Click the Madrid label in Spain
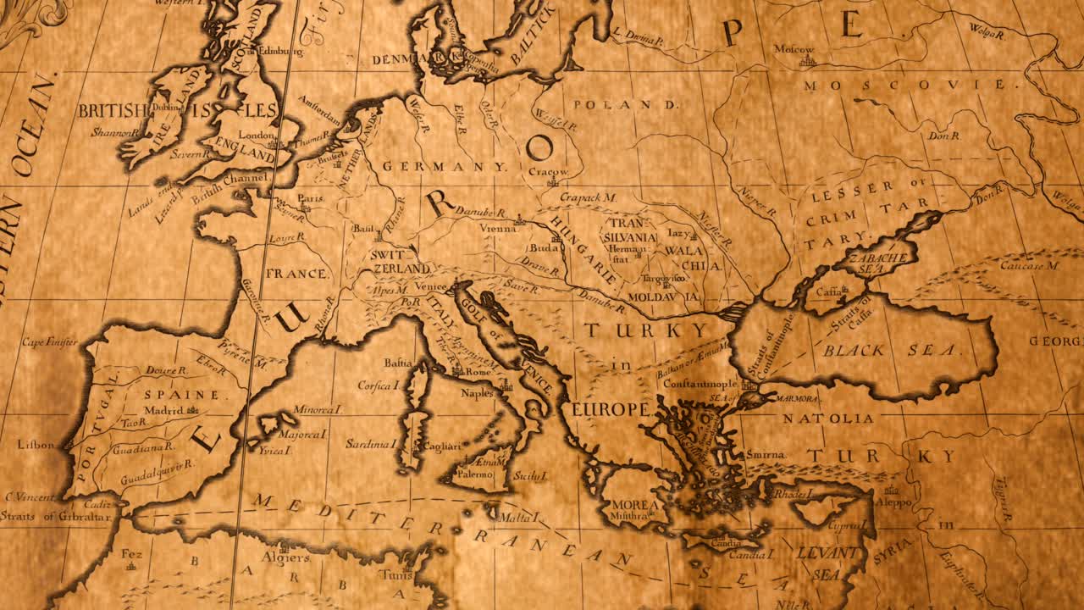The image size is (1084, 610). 163,411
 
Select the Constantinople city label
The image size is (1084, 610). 700,384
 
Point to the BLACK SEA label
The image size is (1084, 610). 889,350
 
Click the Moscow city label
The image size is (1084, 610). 794,50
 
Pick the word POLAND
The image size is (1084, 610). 626,105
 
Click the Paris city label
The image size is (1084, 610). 311,198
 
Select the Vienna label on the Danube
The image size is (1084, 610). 497,229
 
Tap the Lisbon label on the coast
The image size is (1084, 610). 36,445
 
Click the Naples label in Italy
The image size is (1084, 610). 477,393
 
